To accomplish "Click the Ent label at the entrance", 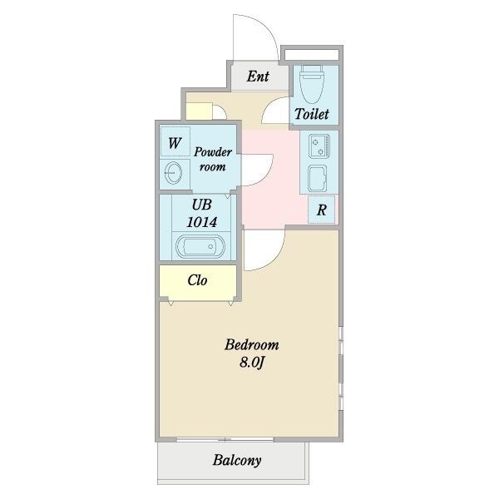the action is pyautogui.click(x=258, y=77).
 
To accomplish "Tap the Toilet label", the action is pyautogui.click(x=312, y=114).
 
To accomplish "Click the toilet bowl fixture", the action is pyautogui.click(x=312, y=84).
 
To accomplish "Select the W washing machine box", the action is pyautogui.click(x=175, y=141).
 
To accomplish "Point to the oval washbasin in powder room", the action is pyautogui.click(x=174, y=173).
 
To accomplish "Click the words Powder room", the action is pyautogui.click(x=213, y=159).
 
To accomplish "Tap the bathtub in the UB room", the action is pyautogui.click(x=200, y=246).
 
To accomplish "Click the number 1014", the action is pyautogui.click(x=202, y=222).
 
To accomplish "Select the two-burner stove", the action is pyautogui.click(x=319, y=146).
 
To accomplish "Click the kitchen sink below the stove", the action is pyautogui.click(x=318, y=178).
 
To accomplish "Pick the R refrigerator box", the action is pyautogui.click(x=321, y=210).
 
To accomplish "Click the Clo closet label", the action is pyautogui.click(x=197, y=280).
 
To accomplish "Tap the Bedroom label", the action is pyautogui.click(x=252, y=345).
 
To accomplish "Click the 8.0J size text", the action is pyautogui.click(x=252, y=362).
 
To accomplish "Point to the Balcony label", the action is pyautogui.click(x=237, y=460).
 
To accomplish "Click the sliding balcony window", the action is pyautogui.click(x=225, y=439).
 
